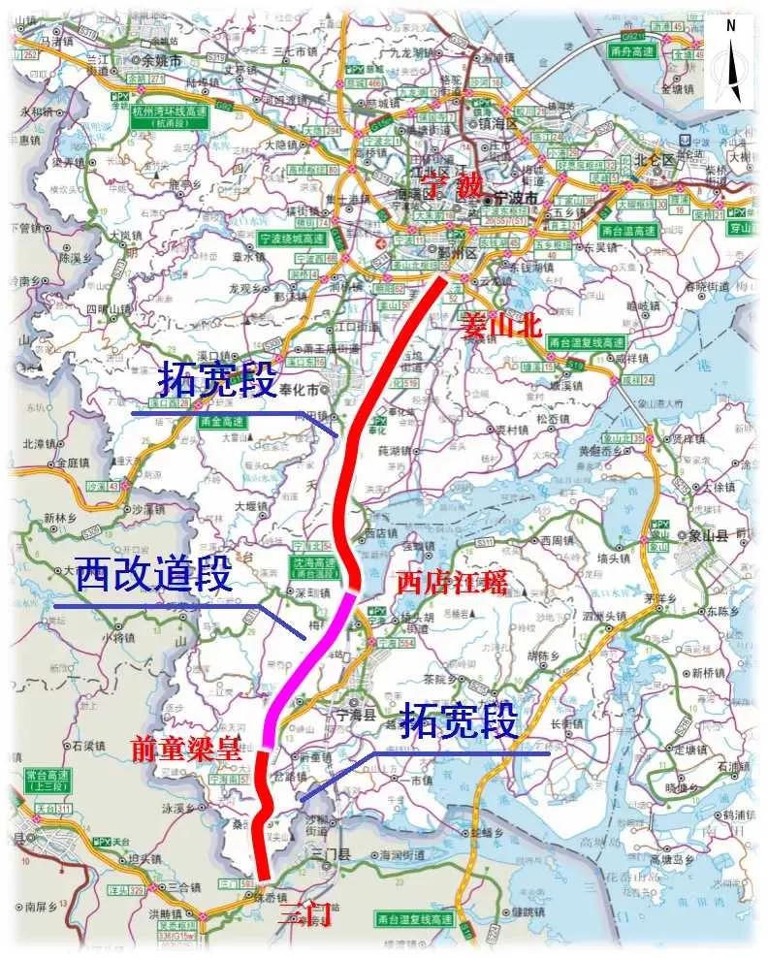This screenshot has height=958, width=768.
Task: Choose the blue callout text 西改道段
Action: pos(154,576)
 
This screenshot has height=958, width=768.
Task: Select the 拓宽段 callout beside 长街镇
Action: pos(459,722)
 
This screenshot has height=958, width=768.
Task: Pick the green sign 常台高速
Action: pos(46,780)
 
